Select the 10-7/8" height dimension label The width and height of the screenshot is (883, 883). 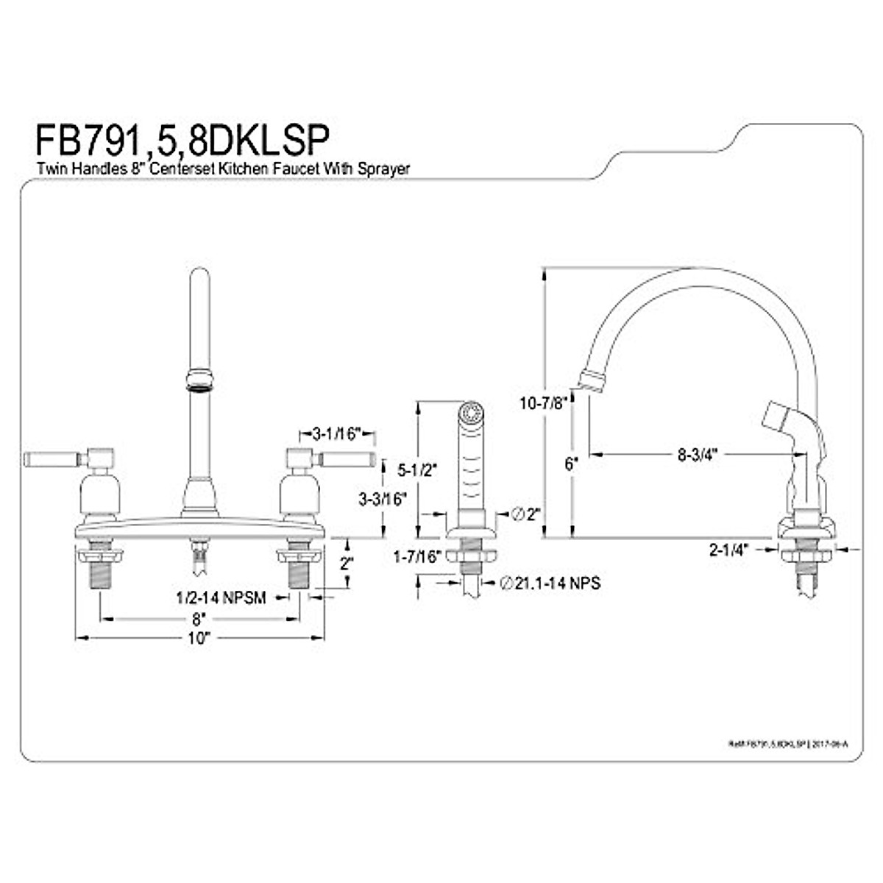coord(542,403)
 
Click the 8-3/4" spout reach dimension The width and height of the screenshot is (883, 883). coord(697,454)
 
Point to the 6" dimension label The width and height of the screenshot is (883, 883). coord(572,464)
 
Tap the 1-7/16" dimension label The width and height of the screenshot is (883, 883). coord(416,557)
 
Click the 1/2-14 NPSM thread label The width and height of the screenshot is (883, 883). coord(221,597)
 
